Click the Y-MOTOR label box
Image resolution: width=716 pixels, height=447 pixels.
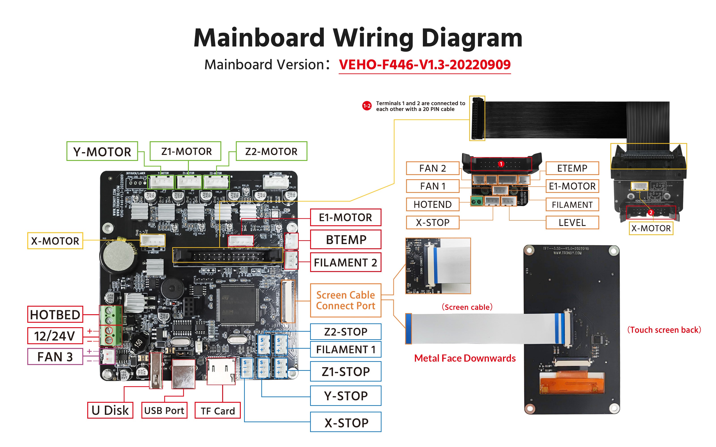(x=102, y=151)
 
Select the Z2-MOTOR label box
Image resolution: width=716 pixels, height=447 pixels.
(x=271, y=151)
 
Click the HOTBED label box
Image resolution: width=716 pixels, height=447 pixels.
(x=55, y=314)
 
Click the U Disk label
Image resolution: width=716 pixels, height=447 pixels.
(x=110, y=410)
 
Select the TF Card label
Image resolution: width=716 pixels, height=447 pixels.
(x=218, y=411)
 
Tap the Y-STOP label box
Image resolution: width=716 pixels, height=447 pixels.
(x=345, y=396)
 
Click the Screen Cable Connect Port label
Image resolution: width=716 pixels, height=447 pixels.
(x=345, y=300)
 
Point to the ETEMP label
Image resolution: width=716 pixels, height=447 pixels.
(x=572, y=168)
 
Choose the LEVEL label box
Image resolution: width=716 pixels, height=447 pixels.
(x=572, y=223)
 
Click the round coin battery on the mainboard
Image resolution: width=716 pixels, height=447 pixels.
(x=118, y=256)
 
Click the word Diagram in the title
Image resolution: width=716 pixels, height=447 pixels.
(x=472, y=38)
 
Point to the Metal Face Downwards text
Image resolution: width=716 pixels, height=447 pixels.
(x=465, y=358)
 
